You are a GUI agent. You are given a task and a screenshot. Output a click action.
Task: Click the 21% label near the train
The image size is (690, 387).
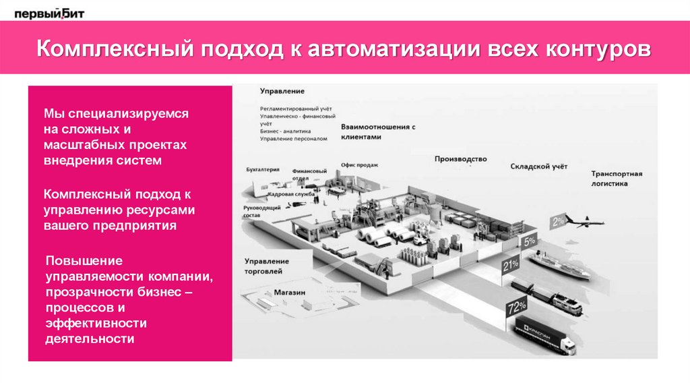510,264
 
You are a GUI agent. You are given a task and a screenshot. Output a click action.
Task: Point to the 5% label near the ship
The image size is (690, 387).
530,240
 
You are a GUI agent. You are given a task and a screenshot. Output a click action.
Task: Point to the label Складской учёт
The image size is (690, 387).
538,166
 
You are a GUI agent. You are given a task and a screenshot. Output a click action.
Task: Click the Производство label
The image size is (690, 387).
460,159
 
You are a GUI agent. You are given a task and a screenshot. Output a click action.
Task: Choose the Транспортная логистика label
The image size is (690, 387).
617,178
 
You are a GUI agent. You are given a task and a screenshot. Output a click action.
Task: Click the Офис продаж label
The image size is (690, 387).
359,165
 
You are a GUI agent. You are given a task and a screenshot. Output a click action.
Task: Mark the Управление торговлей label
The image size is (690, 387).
267,266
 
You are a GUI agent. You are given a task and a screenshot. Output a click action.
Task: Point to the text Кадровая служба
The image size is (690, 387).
291,194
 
